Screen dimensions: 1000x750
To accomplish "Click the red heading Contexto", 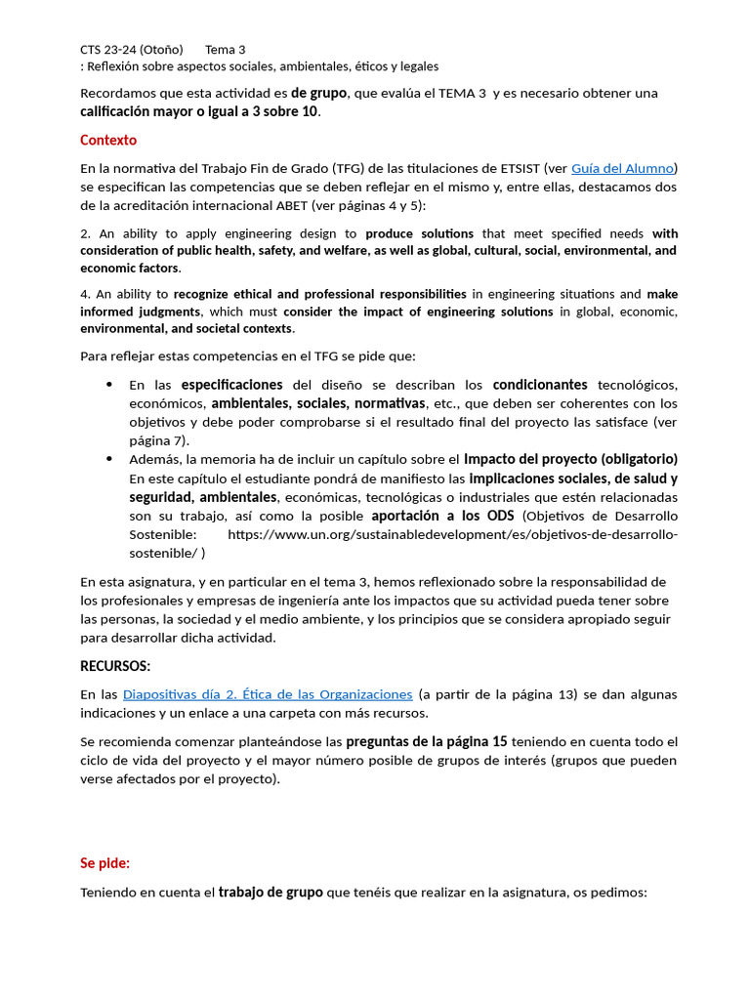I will click(x=108, y=141).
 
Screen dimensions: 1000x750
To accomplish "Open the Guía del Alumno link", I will click(x=624, y=168).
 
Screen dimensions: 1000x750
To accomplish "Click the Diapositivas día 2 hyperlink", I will click(x=268, y=694).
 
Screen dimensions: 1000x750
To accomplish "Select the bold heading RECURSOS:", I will click(x=115, y=666).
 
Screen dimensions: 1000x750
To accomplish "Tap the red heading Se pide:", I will click(x=104, y=863).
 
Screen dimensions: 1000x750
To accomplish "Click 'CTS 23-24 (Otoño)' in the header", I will click(x=132, y=50).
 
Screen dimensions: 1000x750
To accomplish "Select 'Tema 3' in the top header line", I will click(x=226, y=50).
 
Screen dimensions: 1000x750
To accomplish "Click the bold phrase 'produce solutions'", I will click(x=419, y=233).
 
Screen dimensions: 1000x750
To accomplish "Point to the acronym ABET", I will click(x=289, y=206).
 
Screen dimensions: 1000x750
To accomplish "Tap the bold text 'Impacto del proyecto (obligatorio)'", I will click(x=570, y=459).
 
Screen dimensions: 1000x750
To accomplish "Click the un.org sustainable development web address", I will click(x=452, y=535).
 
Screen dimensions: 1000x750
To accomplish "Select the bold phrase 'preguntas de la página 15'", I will click(x=426, y=741).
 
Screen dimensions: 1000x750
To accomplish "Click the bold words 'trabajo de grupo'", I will click(x=271, y=893).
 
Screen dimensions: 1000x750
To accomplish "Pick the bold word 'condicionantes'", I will click(x=540, y=385).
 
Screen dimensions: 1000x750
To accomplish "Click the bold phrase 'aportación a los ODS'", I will click(x=442, y=516).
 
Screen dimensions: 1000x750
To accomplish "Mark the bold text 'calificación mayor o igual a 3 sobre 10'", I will click(x=199, y=111).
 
